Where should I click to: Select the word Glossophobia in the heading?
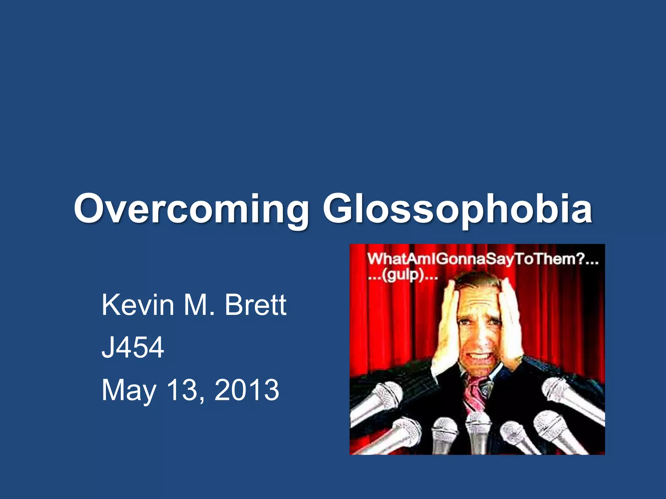tap(457, 209)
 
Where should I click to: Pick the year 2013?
tap(247, 390)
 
